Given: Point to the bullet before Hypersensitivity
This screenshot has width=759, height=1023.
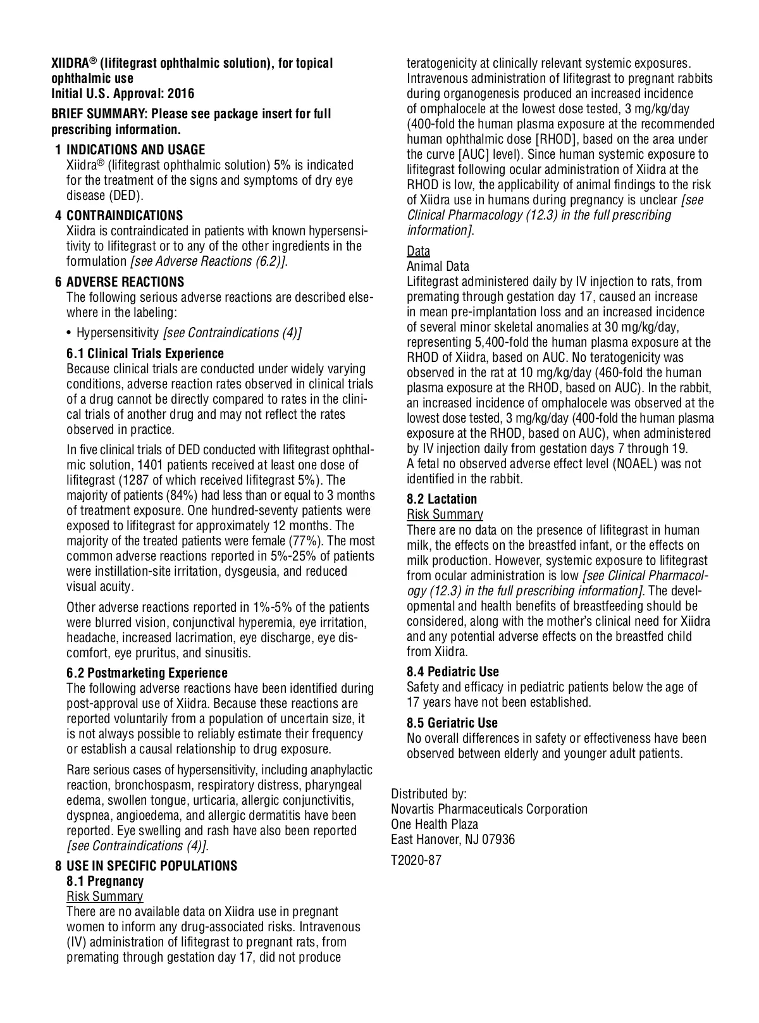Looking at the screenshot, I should click(x=70, y=333).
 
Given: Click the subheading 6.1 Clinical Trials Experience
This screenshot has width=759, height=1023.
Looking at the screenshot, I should click(x=145, y=354).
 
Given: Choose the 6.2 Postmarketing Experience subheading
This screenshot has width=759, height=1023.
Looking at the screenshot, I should click(x=147, y=673).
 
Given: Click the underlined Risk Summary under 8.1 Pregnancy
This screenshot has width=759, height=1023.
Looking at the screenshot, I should click(x=105, y=896).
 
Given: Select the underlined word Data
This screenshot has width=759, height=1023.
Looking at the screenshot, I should click(x=418, y=251).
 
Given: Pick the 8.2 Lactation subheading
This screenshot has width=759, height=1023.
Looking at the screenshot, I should click(x=441, y=499).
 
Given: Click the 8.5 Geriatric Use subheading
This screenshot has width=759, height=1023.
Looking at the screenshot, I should click(x=452, y=723).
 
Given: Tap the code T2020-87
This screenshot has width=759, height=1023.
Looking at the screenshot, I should click(x=416, y=860).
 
